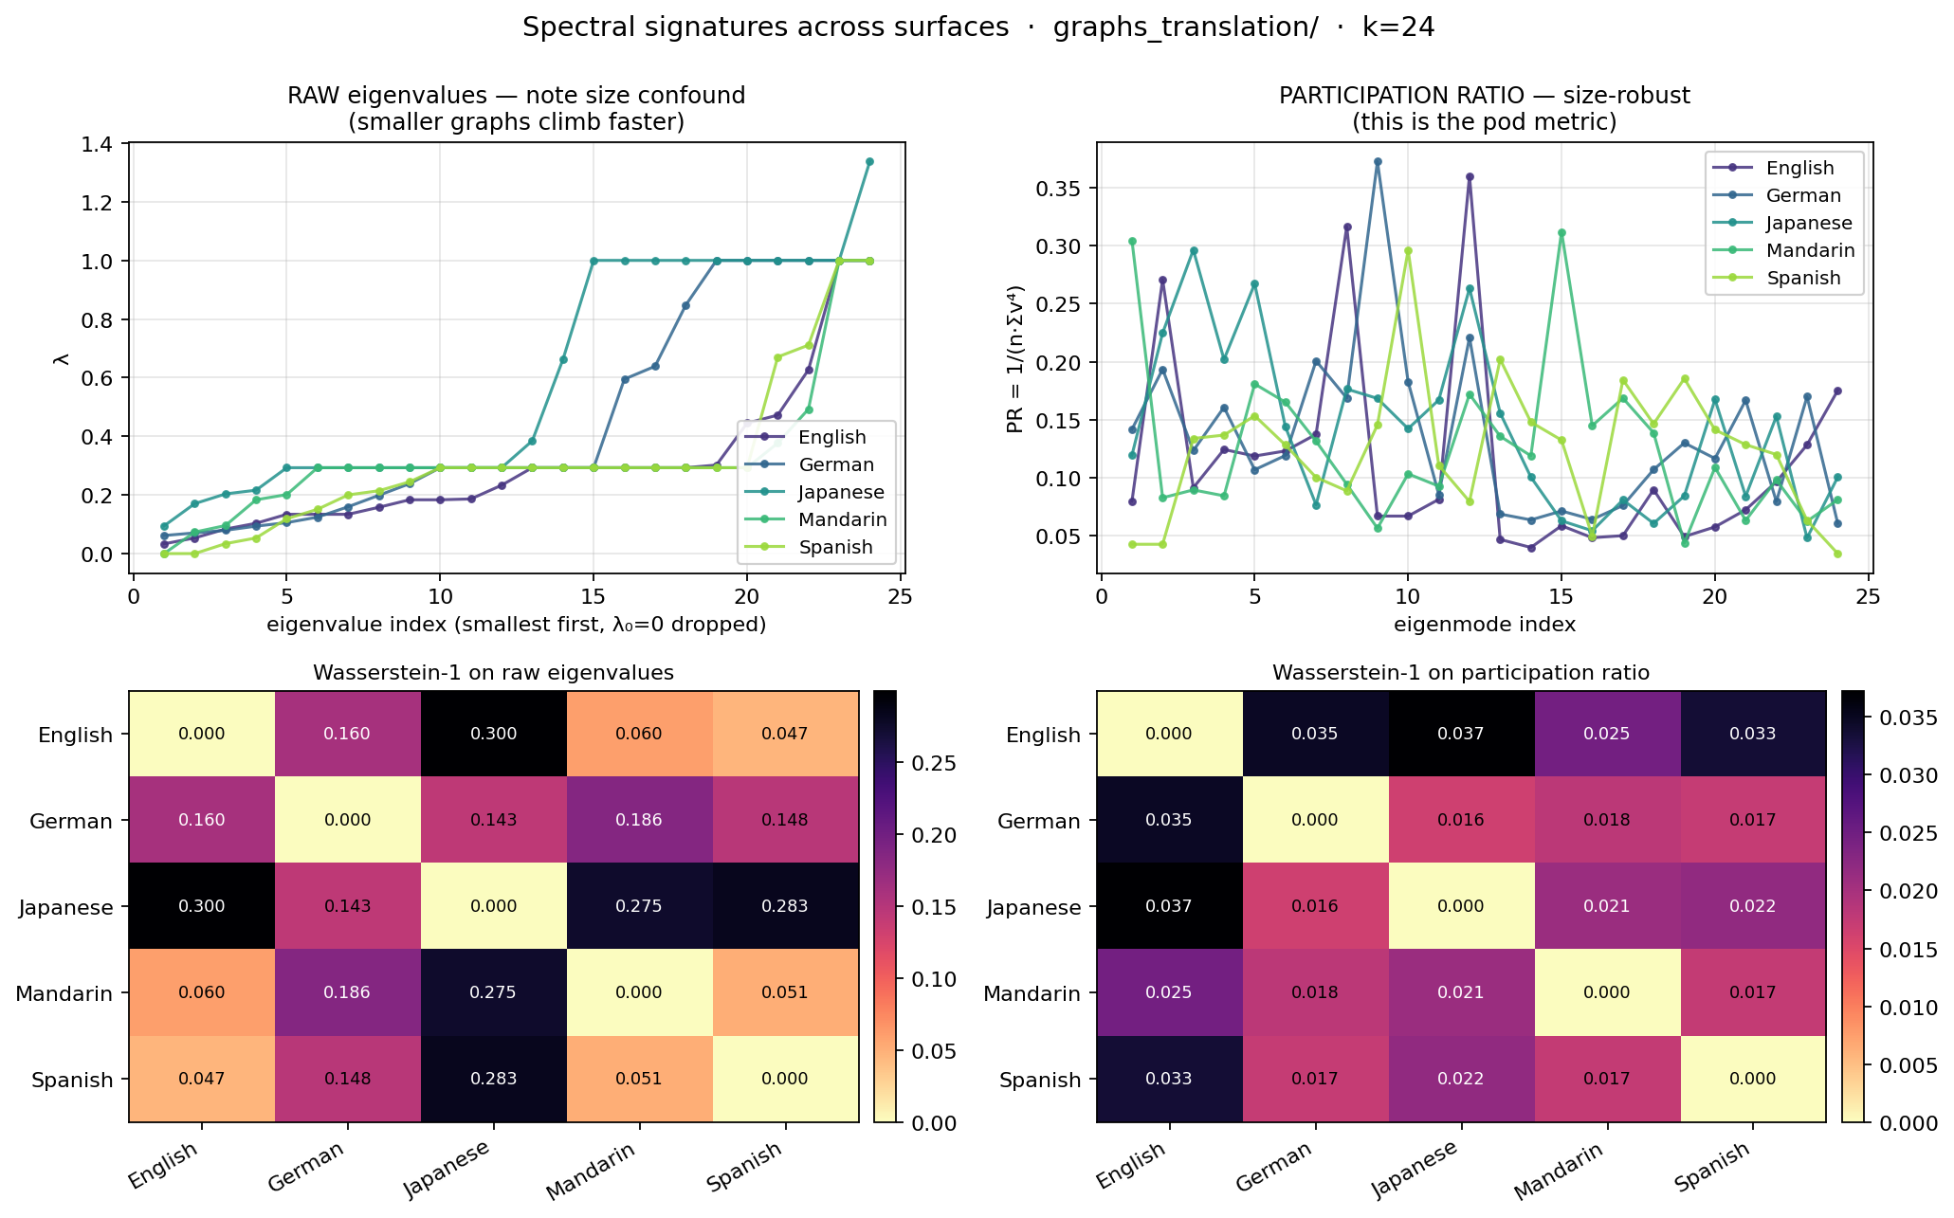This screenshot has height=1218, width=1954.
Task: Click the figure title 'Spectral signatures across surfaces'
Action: pyautogui.click(x=765, y=27)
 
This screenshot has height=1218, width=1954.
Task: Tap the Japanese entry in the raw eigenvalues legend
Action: pyautogui.click(x=841, y=492)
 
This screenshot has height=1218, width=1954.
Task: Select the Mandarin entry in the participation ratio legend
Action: pyautogui.click(x=1810, y=250)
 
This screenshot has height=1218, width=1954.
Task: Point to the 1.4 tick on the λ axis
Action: pyautogui.click(x=99, y=144)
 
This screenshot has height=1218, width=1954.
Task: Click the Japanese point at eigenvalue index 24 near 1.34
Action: pyautogui.click(x=869, y=161)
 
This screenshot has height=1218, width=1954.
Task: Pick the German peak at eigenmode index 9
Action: pyautogui.click(x=1378, y=161)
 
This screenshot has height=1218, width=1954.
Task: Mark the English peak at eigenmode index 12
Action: pyautogui.click(x=1470, y=176)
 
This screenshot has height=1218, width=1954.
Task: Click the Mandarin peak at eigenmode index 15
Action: pyautogui.click(x=1561, y=232)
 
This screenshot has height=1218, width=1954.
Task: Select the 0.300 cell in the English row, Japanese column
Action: pyautogui.click(x=493, y=734)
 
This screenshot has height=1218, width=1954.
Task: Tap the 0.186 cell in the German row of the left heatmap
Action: pyautogui.click(x=639, y=820)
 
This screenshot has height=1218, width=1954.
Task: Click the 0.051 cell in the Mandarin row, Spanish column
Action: pyautogui.click(x=785, y=992)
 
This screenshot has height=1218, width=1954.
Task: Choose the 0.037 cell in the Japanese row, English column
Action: pyautogui.click(x=1169, y=906)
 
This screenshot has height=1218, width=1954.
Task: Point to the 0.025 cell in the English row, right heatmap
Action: pyautogui.click(x=1607, y=734)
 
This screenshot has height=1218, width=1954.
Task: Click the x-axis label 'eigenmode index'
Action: pyautogui.click(x=1485, y=624)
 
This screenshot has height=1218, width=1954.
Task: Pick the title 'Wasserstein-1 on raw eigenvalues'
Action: pyautogui.click(x=493, y=673)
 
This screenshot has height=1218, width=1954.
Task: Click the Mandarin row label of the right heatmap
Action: pyautogui.click(x=1032, y=993)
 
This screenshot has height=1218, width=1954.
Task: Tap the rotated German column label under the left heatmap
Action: pyautogui.click(x=305, y=1167)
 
